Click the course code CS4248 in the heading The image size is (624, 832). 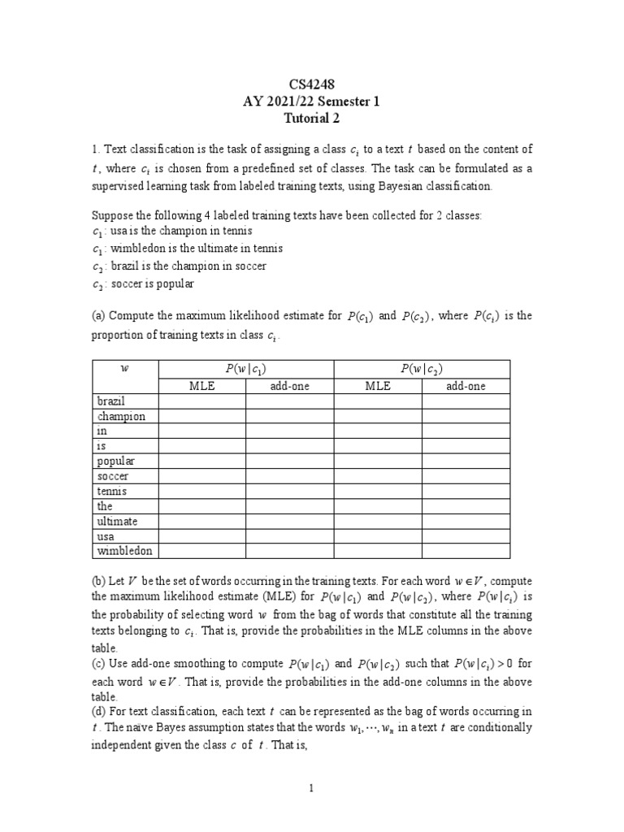coord(312,84)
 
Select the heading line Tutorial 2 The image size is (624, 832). coord(312,119)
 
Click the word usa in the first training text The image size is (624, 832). coord(119,232)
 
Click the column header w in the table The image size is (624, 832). coord(124,369)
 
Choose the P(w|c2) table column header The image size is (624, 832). coord(422,369)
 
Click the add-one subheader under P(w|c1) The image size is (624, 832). coord(289,386)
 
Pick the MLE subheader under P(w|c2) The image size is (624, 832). coord(378,386)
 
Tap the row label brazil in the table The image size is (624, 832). coord(111,401)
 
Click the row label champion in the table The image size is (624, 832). coord(121,416)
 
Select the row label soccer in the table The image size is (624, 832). coord(113,476)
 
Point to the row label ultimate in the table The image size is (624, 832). coord(117,521)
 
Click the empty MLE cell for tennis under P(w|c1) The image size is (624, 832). coord(201,492)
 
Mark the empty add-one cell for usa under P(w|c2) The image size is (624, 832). coord(466,536)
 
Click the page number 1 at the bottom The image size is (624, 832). coord(312,788)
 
